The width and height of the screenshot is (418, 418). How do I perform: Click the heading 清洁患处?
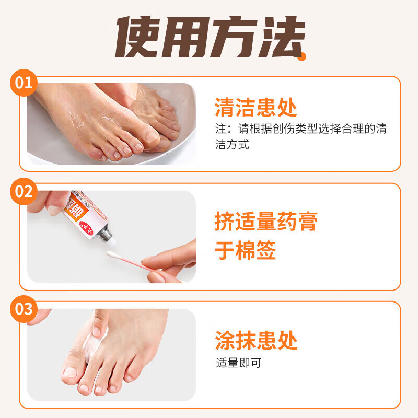256,108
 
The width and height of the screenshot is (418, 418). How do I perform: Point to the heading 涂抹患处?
256,340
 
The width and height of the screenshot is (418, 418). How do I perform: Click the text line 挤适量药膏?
266,222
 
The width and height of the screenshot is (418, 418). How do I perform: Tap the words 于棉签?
245,251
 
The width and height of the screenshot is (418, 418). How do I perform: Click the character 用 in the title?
186,38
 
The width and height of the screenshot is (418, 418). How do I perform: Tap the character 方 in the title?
234,38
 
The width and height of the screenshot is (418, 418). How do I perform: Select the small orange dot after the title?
302,57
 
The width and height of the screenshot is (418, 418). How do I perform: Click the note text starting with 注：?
300,136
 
